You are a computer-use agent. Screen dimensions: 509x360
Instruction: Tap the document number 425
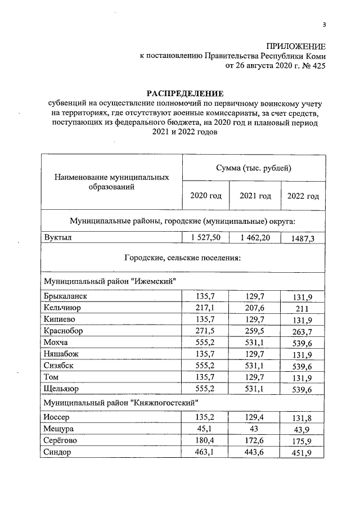pyautogui.click(x=318, y=66)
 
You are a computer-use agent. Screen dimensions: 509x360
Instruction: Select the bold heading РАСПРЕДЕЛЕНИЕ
pyautogui.click(x=185, y=93)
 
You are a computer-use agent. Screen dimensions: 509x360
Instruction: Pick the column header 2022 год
pyautogui.click(x=303, y=196)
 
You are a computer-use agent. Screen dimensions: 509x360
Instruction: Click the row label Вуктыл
pyautogui.click(x=57, y=238)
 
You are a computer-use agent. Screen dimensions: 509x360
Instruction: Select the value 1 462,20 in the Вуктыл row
pyautogui.click(x=255, y=238)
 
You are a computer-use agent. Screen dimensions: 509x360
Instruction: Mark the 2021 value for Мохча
pyautogui.click(x=255, y=343)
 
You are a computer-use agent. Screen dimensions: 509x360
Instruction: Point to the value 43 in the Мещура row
pyautogui.click(x=255, y=429)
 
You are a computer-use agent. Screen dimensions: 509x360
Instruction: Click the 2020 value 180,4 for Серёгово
pyautogui.click(x=206, y=441)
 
